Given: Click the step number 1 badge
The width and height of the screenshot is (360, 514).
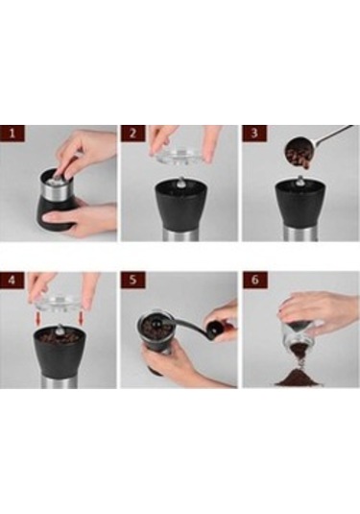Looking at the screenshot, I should [11, 135].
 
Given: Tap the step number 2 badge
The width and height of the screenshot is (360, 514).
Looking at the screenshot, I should [132, 135].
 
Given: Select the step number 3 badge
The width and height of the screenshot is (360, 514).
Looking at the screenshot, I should [252, 135].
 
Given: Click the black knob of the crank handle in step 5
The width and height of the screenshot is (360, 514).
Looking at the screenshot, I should [225, 333].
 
